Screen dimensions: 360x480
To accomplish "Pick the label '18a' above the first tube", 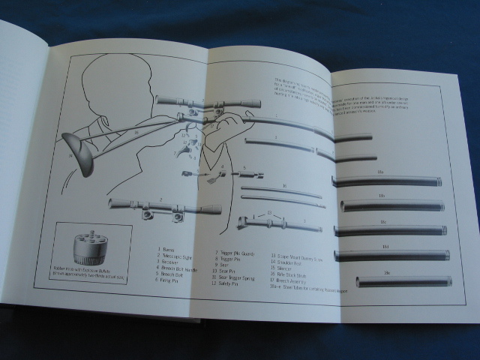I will point(380,172).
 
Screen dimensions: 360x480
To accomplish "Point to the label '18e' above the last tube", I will point(389,272).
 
